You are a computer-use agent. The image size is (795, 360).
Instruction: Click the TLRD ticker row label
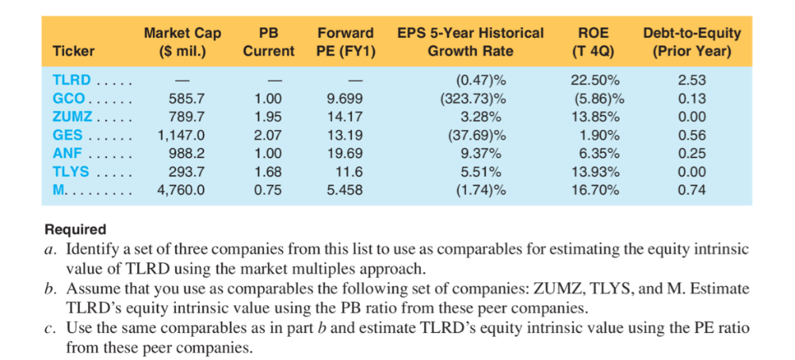coord(71,80)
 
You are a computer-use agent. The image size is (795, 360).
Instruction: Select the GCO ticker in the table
coord(68,98)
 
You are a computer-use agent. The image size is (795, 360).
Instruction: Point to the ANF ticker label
coord(68,153)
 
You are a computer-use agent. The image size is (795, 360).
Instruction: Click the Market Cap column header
coord(182,42)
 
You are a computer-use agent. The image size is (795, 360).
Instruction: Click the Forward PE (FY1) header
coord(346,42)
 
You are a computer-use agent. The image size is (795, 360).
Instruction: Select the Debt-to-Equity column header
coord(692,42)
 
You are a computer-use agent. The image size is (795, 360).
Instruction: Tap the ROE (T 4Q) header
coord(594,42)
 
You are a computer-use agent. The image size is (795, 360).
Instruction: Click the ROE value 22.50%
coord(596,80)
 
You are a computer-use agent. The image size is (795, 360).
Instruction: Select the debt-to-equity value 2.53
coord(692,80)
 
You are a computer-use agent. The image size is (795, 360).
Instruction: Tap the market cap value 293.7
coord(187,171)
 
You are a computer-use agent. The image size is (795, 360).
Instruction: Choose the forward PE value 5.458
coord(346,190)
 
